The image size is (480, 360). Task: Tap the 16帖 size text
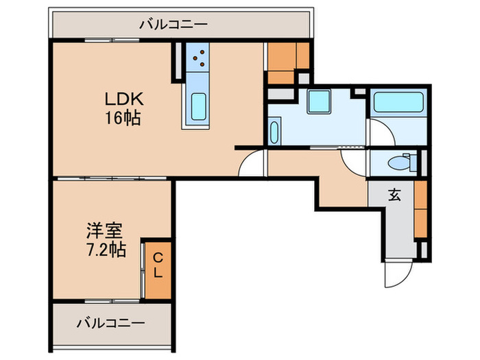pyautogui.click(x=123, y=118)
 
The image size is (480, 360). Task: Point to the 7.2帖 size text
pyautogui.click(x=106, y=250)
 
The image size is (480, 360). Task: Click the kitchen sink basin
pyautogui.click(x=197, y=107)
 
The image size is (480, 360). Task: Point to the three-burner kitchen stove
pyautogui.click(x=199, y=59)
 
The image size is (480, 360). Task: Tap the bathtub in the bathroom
pyautogui.click(x=399, y=104)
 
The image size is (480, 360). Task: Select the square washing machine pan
pyautogui.click(x=318, y=101)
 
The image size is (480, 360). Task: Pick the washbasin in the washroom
pyautogui.click(x=274, y=131)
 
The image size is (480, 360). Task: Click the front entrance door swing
pyautogui.click(x=397, y=274)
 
